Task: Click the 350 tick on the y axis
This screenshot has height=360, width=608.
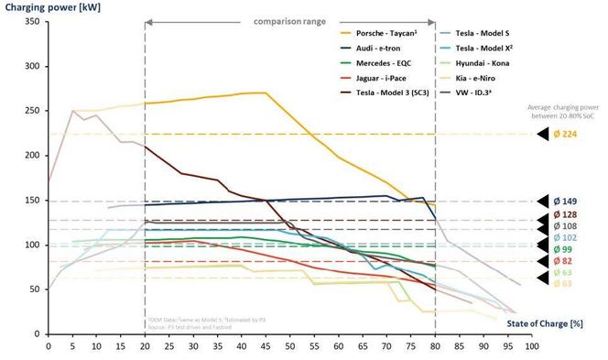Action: point(31,21)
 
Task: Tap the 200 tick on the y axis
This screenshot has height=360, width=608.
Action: point(31,156)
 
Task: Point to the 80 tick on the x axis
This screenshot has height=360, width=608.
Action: point(435,346)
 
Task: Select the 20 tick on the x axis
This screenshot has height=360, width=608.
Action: point(145,346)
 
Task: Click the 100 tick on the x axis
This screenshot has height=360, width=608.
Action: point(531,346)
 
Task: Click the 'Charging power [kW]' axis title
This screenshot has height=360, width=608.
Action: point(46,6)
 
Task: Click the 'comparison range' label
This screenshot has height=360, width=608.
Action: point(289,18)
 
